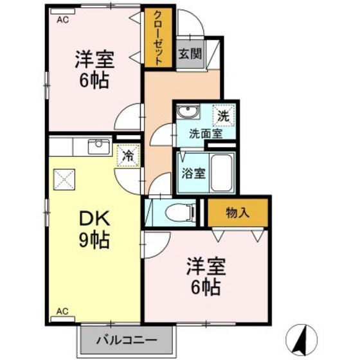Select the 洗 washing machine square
(222, 116)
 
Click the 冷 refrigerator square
(128, 156)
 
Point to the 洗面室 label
(205, 134)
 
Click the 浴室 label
(192, 172)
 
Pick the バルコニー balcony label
(127, 339)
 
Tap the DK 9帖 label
(93, 230)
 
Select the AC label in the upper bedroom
(62, 19)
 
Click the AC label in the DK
(62, 311)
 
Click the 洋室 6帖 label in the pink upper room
(94, 69)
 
